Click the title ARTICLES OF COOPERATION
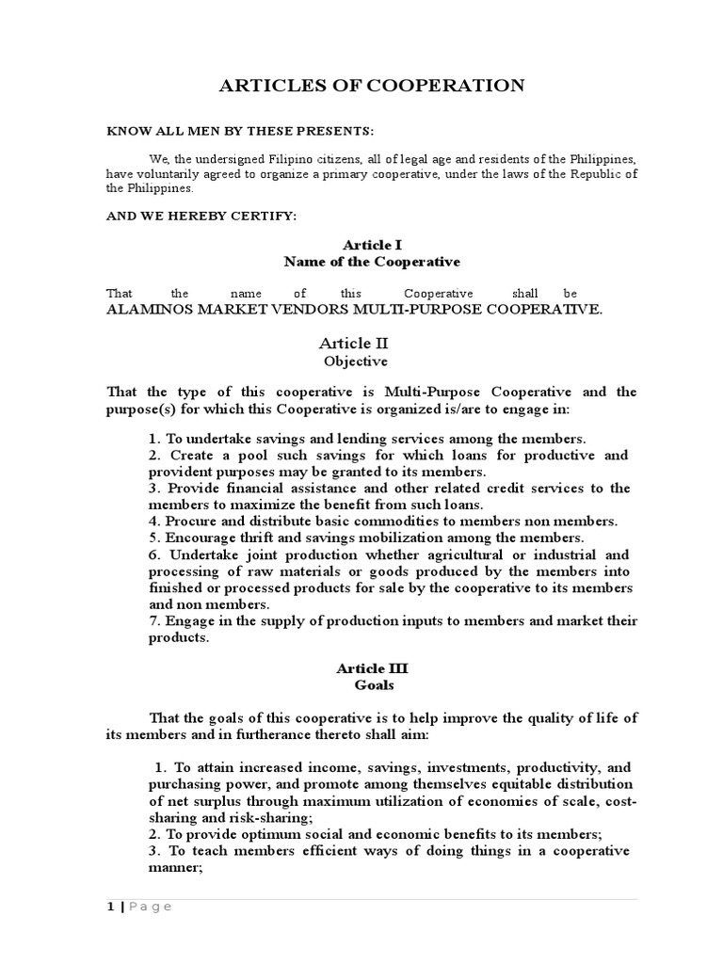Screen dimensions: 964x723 [372, 86]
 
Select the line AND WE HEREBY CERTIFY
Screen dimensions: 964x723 [201, 216]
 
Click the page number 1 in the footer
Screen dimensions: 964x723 [109, 907]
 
